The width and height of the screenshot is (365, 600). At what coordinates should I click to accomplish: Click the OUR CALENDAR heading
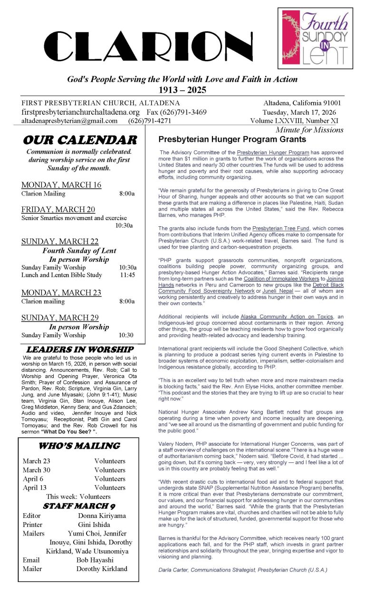(x=79, y=140)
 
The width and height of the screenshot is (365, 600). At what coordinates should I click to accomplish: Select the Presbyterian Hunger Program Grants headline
(x=232, y=139)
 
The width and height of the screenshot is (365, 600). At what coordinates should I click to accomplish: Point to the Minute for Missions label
(x=309, y=129)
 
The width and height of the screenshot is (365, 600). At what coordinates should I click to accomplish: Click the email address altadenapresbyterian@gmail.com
(x=69, y=121)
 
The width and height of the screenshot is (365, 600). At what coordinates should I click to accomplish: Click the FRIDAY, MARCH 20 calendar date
(x=58, y=209)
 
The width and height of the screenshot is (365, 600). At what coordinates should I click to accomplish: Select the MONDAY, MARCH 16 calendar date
(x=61, y=185)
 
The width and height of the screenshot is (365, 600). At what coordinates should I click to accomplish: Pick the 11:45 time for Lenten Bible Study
(x=127, y=275)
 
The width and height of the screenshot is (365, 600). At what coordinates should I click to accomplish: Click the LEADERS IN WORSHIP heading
(x=79, y=349)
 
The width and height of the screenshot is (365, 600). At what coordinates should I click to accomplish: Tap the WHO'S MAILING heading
(x=79, y=446)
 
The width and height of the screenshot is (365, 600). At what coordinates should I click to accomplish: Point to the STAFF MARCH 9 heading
(x=79, y=506)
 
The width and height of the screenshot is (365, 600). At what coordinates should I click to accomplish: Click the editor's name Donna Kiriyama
(x=102, y=516)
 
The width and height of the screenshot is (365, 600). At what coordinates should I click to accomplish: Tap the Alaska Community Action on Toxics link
(x=281, y=316)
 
